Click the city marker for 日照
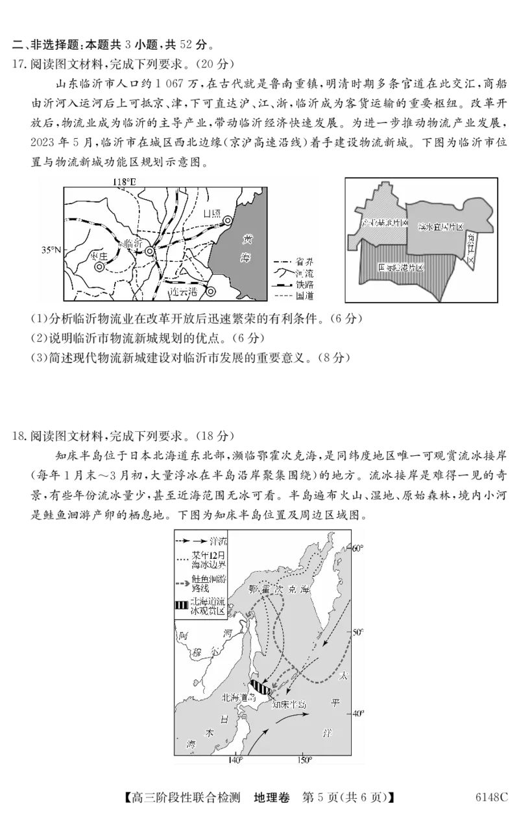click(227, 221)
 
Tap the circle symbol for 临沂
click(150, 251)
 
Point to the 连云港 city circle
click(211, 291)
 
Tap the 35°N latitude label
click(51, 250)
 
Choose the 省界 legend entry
click(292, 262)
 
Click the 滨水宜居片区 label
click(441, 227)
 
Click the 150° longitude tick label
click(304, 759)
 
